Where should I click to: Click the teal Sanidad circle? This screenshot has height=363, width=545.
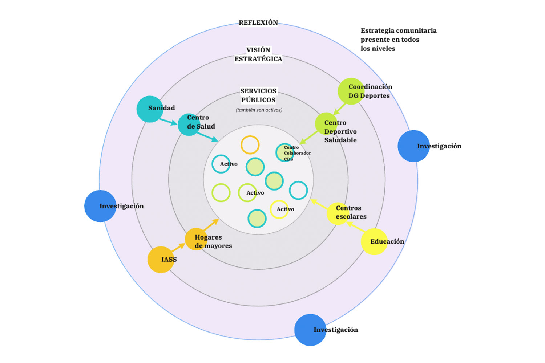pyautogui.click(x=150, y=109)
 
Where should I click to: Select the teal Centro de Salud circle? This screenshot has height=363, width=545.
pyautogui.click(x=189, y=125)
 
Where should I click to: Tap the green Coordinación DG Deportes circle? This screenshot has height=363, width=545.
pyautogui.click(x=351, y=91)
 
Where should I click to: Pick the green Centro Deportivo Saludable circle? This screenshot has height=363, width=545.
pyautogui.click(x=326, y=124)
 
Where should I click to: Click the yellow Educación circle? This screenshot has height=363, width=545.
pyautogui.click(x=374, y=241)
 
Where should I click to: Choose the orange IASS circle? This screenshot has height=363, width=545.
pyautogui.click(x=161, y=260)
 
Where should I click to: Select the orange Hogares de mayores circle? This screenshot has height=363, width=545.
pyautogui.click(x=196, y=239)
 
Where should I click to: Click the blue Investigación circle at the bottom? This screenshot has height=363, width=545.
pyautogui.click(x=310, y=330)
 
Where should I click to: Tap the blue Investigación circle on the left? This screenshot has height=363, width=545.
pyautogui.click(x=100, y=206)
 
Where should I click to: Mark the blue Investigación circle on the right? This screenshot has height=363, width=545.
pyautogui.click(x=413, y=146)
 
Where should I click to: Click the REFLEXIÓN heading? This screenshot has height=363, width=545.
pyautogui.click(x=258, y=23)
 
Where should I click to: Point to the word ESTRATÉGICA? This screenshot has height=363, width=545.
pyautogui.click(x=258, y=59)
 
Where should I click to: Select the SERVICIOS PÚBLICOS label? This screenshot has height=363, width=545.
pyautogui.click(x=258, y=95)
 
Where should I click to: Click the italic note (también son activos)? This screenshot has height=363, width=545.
pyautogui.click(x=259, y=110)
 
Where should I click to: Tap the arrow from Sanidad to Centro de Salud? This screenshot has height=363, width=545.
pyautogui.click(x=168, y=121)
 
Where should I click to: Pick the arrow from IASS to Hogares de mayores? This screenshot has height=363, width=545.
pyautogui.click(x=178, y=248)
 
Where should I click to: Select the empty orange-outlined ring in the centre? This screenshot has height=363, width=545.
pyautogui.click(x=250, y=145)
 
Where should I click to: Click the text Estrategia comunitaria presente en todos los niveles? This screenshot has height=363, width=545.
pyautogui.click(x=398, y=40)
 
